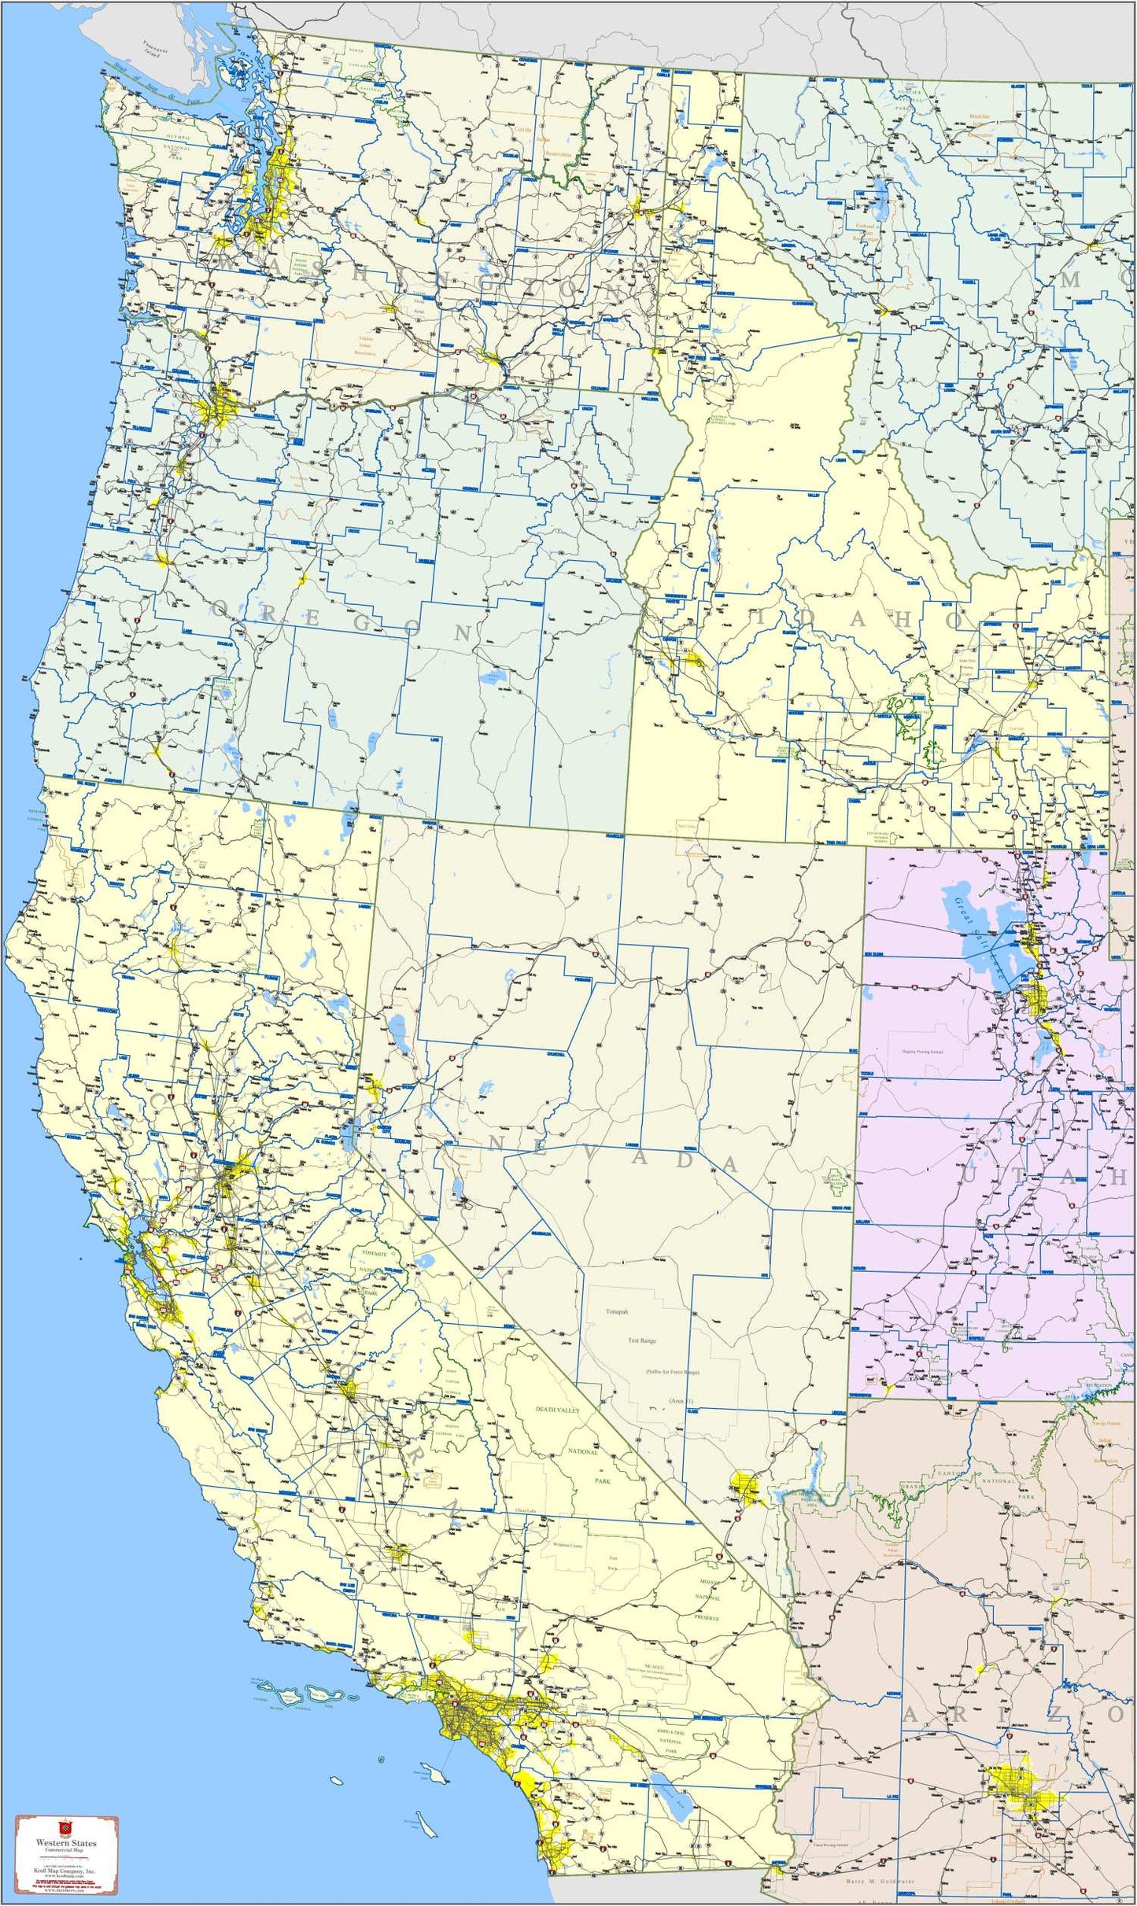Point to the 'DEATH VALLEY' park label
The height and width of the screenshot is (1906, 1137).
point(557,1410)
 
